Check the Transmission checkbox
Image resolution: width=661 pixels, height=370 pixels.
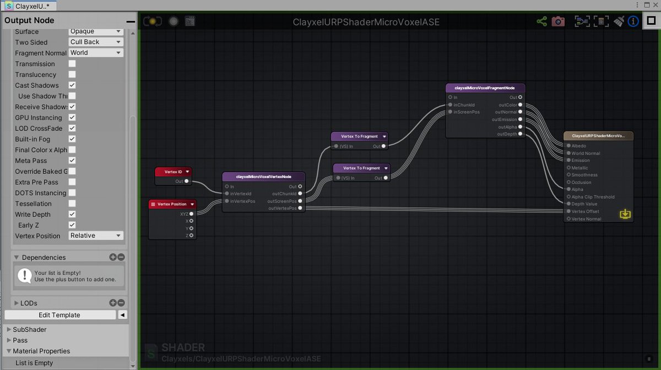(x=72, y=64)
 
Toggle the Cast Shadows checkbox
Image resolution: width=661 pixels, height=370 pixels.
(x=72, y=85)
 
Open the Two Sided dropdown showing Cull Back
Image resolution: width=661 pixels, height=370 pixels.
(x=96, y=42)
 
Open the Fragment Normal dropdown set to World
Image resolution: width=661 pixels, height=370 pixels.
(x=96, y=53)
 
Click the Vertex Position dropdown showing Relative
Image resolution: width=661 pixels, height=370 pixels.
(x=96, y=236)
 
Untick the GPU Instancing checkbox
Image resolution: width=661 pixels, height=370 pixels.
(x=72, y=117)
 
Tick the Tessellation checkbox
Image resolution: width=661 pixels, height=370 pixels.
(x=72, y=204)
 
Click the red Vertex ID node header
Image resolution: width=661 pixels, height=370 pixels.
(x=173, y=172)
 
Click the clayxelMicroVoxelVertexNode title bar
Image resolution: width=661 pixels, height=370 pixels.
(x=263, y=177)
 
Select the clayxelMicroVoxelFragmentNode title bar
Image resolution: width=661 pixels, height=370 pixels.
(x=485, y=88)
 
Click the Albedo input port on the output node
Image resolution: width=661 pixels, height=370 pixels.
(x=568, y=146)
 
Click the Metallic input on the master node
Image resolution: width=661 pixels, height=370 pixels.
(x=568, y=168)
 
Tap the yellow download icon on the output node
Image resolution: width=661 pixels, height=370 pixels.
(x=625, y=214)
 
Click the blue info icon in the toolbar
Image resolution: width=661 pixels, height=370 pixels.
(x=633, y=21)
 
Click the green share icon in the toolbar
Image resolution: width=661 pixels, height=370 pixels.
(x=542, y=21)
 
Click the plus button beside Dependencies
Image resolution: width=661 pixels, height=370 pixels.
(x=113, y=257)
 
